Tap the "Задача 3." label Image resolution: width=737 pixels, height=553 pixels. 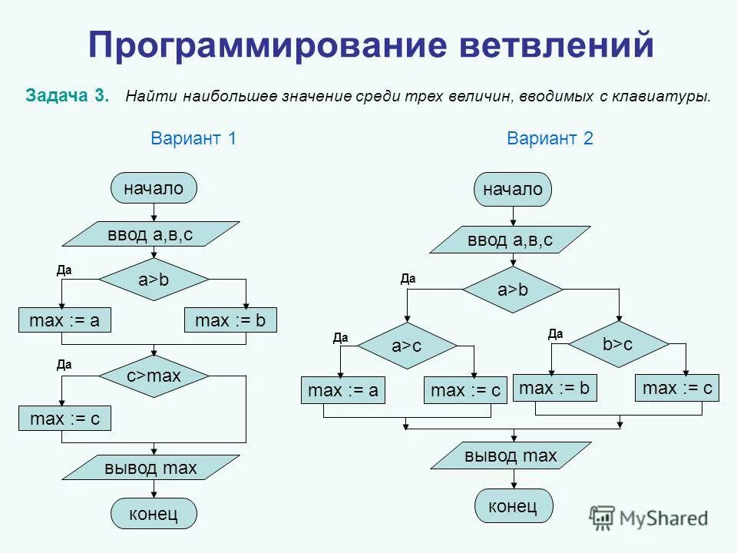(x=68, y=97)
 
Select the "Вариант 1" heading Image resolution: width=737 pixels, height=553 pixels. (x=193, y=139)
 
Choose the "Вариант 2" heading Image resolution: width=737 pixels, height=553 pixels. (x=550, y=139)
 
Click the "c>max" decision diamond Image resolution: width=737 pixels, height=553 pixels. (x=154, y=376)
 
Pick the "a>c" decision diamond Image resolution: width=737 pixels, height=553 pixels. (x=407, y=346)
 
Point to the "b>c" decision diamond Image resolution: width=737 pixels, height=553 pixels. (x=617, y=344)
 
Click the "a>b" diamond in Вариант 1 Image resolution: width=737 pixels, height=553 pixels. (x=154, y=280)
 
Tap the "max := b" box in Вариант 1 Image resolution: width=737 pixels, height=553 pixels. (x=230, y=320)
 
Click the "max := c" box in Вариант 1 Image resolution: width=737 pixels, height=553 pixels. (x=64, y=419)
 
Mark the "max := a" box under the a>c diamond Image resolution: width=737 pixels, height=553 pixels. (x=342, y=390)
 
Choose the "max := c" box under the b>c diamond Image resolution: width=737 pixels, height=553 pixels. (x=678, y=389)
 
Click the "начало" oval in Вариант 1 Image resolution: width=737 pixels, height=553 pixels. (x=154, y=188)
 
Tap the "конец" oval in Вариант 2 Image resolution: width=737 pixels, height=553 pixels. (x=513, y=506)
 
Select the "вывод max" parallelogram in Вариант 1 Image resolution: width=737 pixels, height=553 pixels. (x=151, y=468)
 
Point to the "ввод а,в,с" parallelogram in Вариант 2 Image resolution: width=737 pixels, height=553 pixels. (x=510, y=240)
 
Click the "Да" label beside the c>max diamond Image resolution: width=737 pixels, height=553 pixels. (x=64, y=366)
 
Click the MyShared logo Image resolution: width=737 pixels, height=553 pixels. (x=649, y=518)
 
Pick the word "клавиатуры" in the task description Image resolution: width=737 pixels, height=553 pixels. (x=665, y=98)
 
